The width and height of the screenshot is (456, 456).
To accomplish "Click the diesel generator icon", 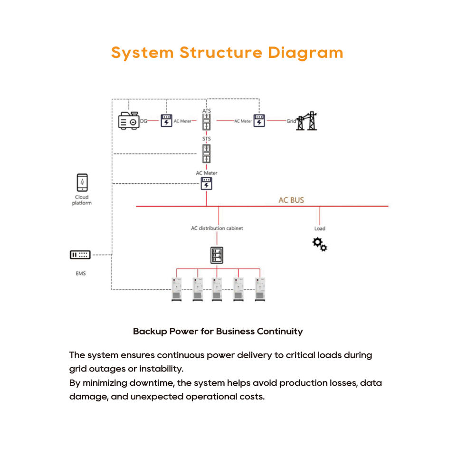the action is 129,120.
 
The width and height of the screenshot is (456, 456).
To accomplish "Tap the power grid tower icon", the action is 306,121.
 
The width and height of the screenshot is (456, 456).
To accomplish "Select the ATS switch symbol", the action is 207,122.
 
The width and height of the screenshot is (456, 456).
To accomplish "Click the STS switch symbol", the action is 207,153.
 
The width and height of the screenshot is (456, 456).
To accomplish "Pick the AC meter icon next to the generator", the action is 166,120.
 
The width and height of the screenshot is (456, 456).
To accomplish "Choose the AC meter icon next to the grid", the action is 259,120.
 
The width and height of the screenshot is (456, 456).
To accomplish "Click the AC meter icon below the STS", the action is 207,183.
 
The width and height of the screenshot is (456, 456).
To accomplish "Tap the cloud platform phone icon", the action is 82,182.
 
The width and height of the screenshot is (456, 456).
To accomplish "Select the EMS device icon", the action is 80,255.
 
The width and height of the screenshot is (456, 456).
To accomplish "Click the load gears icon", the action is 320,244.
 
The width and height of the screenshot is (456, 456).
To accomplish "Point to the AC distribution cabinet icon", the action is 217,255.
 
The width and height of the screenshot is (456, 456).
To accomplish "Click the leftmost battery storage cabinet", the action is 177,289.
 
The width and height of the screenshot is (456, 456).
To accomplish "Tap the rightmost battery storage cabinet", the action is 260,289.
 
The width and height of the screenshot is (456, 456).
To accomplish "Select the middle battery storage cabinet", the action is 217,289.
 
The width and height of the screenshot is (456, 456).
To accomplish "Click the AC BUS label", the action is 291,200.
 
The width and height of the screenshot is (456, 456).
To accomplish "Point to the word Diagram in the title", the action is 305,53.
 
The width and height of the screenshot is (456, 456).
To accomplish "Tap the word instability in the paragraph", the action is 161,369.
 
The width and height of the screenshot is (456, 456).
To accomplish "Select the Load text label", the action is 320,228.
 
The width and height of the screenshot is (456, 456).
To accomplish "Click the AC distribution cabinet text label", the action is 217,228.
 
